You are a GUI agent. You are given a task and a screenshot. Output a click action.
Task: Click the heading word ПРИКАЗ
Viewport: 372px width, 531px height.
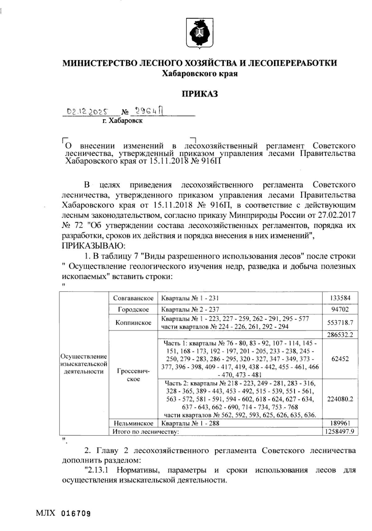click(x=200, y=93)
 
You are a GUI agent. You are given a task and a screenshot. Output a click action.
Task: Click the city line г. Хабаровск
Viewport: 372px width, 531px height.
click(x=123, y=121)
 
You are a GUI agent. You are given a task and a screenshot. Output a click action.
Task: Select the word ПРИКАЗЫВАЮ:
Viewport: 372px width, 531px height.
click(x=93, y=246)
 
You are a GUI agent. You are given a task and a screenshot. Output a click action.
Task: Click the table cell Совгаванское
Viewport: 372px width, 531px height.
click(x=133, y=298)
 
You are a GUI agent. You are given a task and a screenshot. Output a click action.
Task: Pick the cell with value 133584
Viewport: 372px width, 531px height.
click(x=340, y=298)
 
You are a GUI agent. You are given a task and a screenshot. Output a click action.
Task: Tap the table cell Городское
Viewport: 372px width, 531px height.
click(x=133, y=310)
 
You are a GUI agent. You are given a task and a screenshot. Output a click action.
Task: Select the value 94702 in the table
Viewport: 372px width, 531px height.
click(x=340, y=310)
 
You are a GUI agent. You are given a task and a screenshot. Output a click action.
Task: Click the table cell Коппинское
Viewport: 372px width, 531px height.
click(x=133, y=323)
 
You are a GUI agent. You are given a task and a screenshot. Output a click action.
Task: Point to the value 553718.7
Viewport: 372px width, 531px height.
click(x=340, y=323)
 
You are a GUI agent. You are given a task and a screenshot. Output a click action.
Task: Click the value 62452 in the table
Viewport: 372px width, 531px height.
click(x=340, y=359)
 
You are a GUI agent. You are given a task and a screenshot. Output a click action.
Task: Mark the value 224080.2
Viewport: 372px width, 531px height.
click(x=340, y=399)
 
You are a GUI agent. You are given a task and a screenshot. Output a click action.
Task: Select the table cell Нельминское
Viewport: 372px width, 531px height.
click(x=133, y=423)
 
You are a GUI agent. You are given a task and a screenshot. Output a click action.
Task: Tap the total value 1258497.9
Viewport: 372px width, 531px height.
click(x=340, y=431)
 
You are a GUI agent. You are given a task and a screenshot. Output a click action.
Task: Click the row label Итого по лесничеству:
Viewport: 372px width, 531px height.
click(x=146, y=431)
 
